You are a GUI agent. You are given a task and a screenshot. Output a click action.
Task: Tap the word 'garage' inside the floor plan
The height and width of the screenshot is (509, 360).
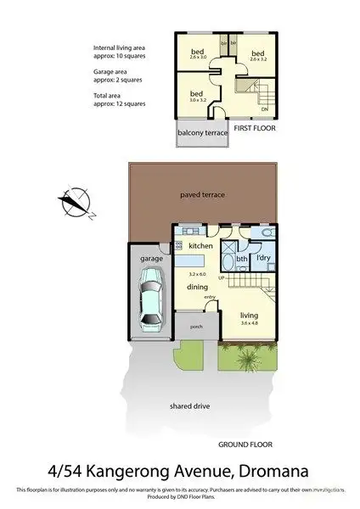pyautogui.click(x=151, y=258)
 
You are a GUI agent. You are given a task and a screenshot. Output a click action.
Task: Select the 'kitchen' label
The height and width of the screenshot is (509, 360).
pyautogui.click(x=200, y=246)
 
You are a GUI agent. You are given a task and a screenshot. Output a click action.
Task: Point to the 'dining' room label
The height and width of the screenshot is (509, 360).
pyautogui.click(x=198, y=288)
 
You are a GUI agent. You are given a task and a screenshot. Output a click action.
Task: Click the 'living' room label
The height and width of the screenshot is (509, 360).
pyautogui.click(x=249, y=316)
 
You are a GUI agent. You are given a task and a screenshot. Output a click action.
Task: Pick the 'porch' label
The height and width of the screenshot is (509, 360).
pyautogui.click(x=195, y=327)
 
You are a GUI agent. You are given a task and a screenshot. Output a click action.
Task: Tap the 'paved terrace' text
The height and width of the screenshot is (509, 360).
pyautogui.click(x=202, y=194)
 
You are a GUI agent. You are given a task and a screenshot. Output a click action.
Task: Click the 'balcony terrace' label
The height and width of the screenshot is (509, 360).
pyautogui.click(x=202, y=133)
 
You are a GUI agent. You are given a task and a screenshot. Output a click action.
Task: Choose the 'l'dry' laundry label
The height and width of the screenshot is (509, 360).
pyautogui.click(x=263, y=257)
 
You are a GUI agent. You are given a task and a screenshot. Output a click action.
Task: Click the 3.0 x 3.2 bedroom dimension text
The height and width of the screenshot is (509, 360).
pyautogui.click(x=196, y=100)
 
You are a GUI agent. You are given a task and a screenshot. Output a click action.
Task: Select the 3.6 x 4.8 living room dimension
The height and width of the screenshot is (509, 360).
pyautogui.click(x=249, y=324)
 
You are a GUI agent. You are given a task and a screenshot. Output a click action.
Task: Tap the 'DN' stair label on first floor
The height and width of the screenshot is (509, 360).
pyautogui.click(x=265, y=109)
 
